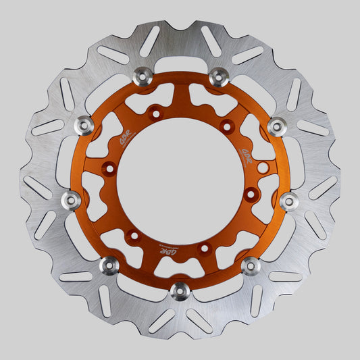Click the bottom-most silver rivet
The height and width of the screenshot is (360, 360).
click(180, 291)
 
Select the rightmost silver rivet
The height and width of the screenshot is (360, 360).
click(289, 201)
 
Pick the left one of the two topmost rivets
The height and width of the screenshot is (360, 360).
click(143, 76)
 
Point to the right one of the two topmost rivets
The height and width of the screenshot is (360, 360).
click(217, 76)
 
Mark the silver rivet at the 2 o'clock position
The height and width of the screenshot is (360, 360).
click(276, 126)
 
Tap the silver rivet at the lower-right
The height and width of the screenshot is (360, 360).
click(251, 266)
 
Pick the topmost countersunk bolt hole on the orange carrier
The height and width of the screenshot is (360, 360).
click(156, 114)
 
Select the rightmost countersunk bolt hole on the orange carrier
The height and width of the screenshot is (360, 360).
click(251, 195)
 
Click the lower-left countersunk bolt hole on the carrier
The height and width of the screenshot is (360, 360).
click(133, 236)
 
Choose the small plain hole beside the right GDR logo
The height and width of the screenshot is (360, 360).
click(262, 166)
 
